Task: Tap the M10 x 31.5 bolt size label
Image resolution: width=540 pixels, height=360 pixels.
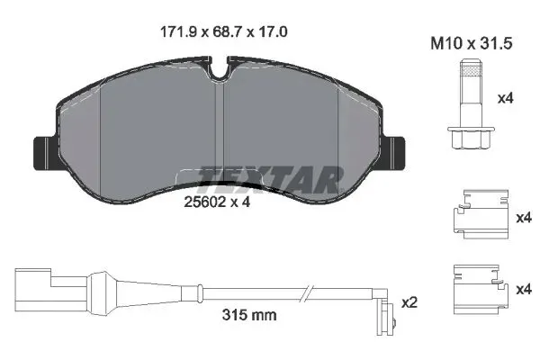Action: click(471, 42)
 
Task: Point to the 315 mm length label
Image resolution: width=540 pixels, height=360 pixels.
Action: click(247, 316)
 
